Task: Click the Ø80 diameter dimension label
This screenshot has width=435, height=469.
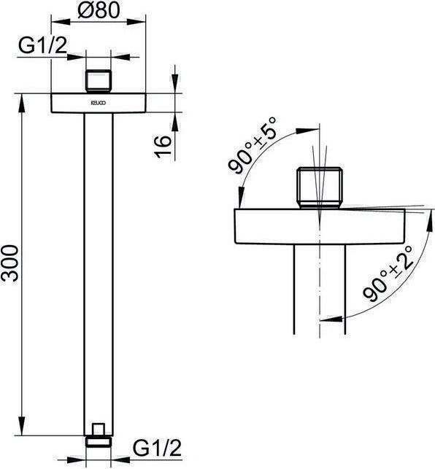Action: (99, 12)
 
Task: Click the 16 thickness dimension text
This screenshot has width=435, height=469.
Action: (165, 144)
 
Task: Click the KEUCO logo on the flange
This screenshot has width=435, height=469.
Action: (98, 104)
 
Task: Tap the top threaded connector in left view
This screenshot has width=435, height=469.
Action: (99, 80)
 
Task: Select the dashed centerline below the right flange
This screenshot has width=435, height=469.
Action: (319, 292)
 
